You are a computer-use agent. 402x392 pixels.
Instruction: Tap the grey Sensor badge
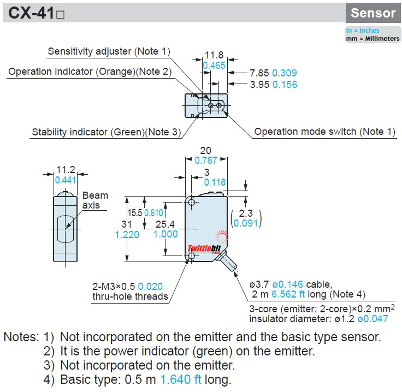click(x=373, y=13)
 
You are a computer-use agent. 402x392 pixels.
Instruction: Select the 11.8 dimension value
click(x=214, y=55)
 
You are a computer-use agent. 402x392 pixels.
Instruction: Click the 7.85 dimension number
click(x=259, y=73)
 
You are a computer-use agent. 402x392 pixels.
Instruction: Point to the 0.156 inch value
click(x=285, y=85)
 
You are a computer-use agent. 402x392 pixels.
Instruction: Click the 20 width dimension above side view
click(x=205, y=150)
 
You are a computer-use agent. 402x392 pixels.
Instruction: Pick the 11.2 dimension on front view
click(x=66, y=170)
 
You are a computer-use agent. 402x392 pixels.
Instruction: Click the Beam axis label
click(x=95, y=200)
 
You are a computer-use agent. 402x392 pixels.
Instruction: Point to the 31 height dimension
click(x=127, y=224)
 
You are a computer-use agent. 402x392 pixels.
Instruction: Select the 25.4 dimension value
click(x=165, y=224)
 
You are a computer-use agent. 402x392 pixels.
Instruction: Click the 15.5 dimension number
click(x=135, y=213)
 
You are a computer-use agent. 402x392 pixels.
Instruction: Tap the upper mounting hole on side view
click(x=192, y=203)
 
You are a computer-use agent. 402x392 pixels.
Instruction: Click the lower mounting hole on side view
click(x=192, y=256)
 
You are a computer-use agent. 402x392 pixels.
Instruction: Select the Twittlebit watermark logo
click(x=204, y=248)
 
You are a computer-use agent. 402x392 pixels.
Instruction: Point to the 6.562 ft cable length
click(x=288, y=294)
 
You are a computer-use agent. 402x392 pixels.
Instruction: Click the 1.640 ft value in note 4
click(x=181, y=379)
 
